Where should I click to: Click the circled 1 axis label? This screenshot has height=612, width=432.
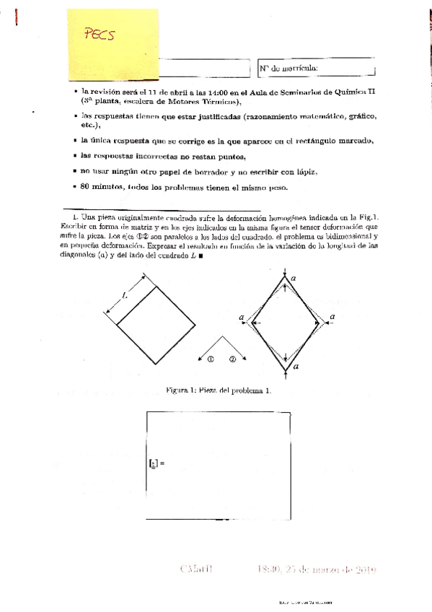tap(210, 359)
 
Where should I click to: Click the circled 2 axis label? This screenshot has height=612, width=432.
tap(232, 359)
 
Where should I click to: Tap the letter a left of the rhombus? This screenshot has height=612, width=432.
tap(242, 317)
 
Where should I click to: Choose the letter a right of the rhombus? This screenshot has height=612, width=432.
tap(332, 317)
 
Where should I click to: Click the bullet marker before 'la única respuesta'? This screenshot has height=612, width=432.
tap(76, 140)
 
